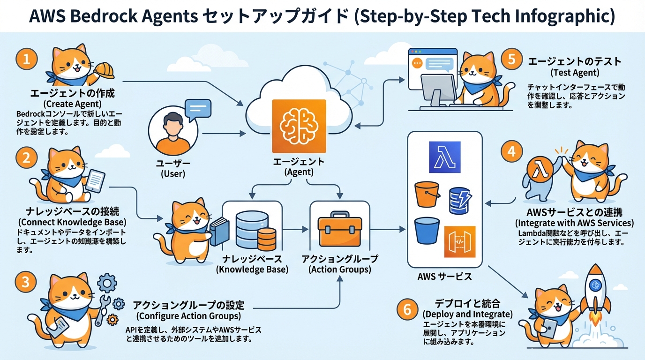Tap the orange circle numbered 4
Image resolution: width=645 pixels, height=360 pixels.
tap(511, 152)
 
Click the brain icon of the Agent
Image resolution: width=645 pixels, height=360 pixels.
tap(299, 126)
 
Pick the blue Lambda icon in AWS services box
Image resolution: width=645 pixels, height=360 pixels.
tap(444, 157)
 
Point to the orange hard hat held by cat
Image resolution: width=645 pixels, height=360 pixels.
tap(105, 69)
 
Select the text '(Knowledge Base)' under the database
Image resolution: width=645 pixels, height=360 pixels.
tap(252, 270)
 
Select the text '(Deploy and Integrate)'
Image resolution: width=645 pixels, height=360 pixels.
tap(467, 314)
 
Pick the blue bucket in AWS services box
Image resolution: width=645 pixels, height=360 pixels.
tap(427, 231)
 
